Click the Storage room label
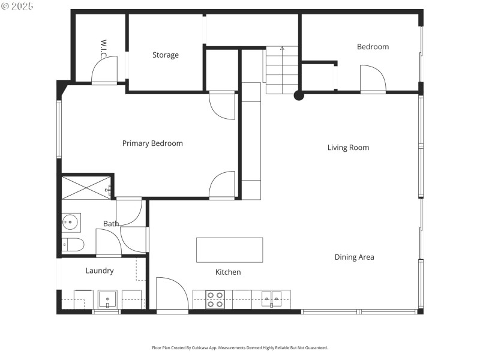[x=165, y=55]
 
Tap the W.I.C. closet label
[x=103, y=49]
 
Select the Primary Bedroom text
[x=152, y=143]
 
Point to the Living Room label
[x=348, y=148]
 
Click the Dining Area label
[x=354, y=257]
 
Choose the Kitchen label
[x=228, y=272]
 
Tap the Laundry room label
[x=100, y=271]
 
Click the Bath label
[x=110, y=224]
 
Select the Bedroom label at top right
[x=373, y=47]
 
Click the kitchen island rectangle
[x=229, y=250]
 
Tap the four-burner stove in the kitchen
[x=215, y=299]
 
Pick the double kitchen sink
[x=272, y=298]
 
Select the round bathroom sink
[x=71, y=223]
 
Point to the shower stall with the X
[x=86, y=188]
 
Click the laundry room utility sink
[x=107, y=299]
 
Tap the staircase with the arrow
[x=282, y=70]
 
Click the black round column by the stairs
[x=299, y=95]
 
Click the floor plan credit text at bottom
[x=240, y=347]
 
